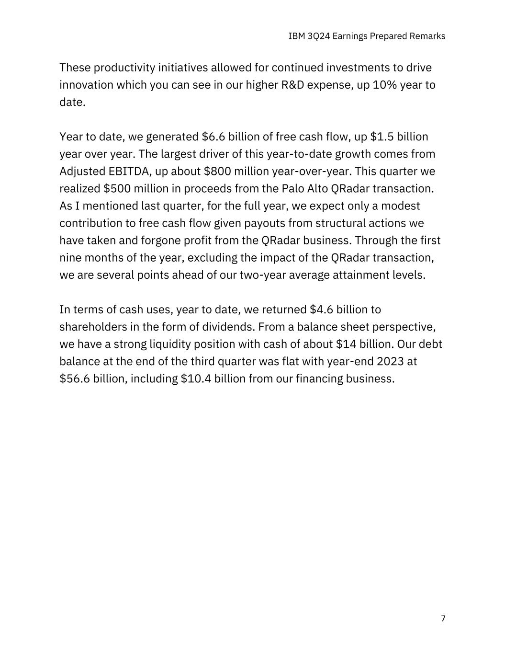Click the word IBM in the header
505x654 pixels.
pos(295,36)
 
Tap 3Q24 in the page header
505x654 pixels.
pos(316,36)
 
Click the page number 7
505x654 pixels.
pos(443,619)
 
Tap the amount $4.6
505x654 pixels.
pos(321,310)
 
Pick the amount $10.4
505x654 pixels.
pos(196,379)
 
